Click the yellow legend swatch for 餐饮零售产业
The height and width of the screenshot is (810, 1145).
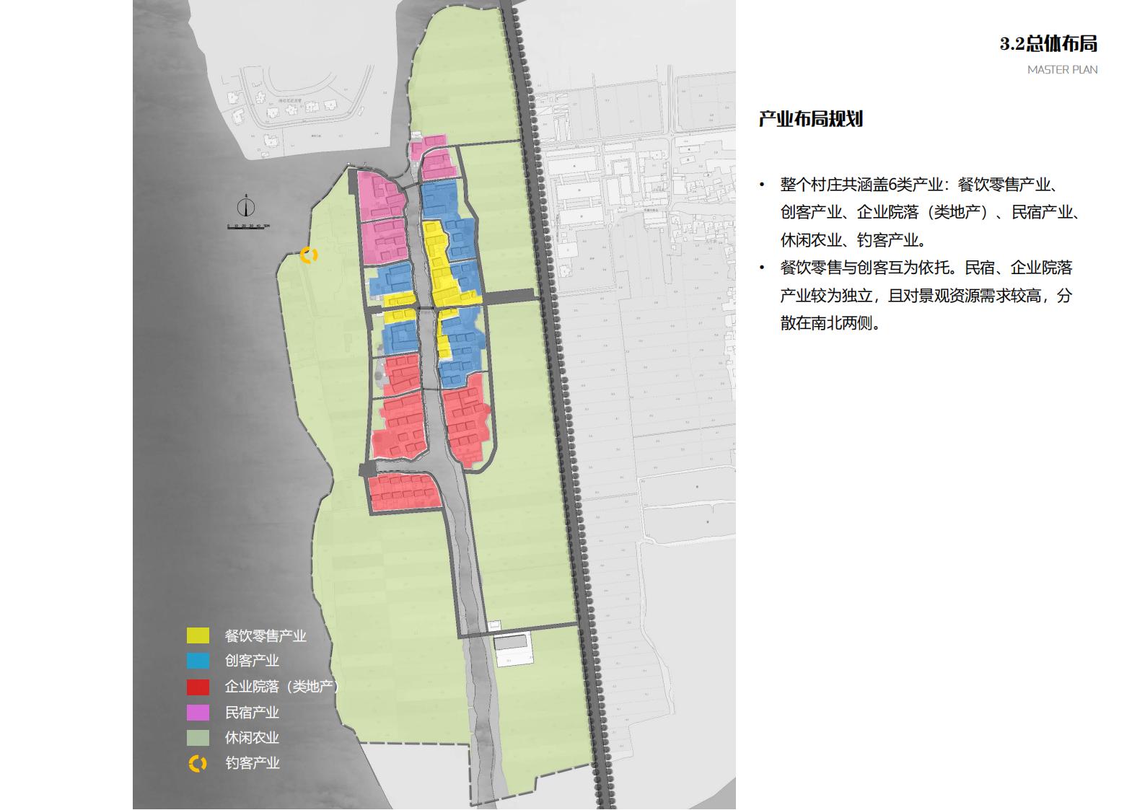[x=198, y=635]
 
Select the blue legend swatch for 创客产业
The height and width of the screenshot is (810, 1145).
[x=198, y=661]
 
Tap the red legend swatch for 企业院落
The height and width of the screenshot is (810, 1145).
[x=198, y=687]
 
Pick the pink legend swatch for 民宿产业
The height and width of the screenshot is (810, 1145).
[x=198, y=713]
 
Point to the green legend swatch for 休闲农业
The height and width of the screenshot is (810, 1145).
[x=198, y=738]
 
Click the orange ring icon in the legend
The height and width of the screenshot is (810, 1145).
[x=198, y=763]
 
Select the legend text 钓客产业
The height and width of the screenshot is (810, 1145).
[x=252, y=763]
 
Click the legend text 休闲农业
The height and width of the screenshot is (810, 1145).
[x=252, y=738]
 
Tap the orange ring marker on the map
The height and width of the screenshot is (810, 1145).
[x=309, y=255]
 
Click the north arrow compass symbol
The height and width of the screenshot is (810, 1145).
[x=247, y=208]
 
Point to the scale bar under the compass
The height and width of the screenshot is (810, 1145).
[x=248, y=226]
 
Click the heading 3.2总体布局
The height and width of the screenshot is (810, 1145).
[x=1048, y=44]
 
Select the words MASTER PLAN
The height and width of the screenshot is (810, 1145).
[x=1062, y=70]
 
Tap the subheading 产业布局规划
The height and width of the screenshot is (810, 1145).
[x=810, y=119]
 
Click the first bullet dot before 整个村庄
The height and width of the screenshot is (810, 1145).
[x=762, y=185]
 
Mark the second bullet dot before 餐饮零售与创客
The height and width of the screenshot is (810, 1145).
[x=762, y=268]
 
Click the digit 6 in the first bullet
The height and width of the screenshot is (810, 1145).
[x=892, y=185]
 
